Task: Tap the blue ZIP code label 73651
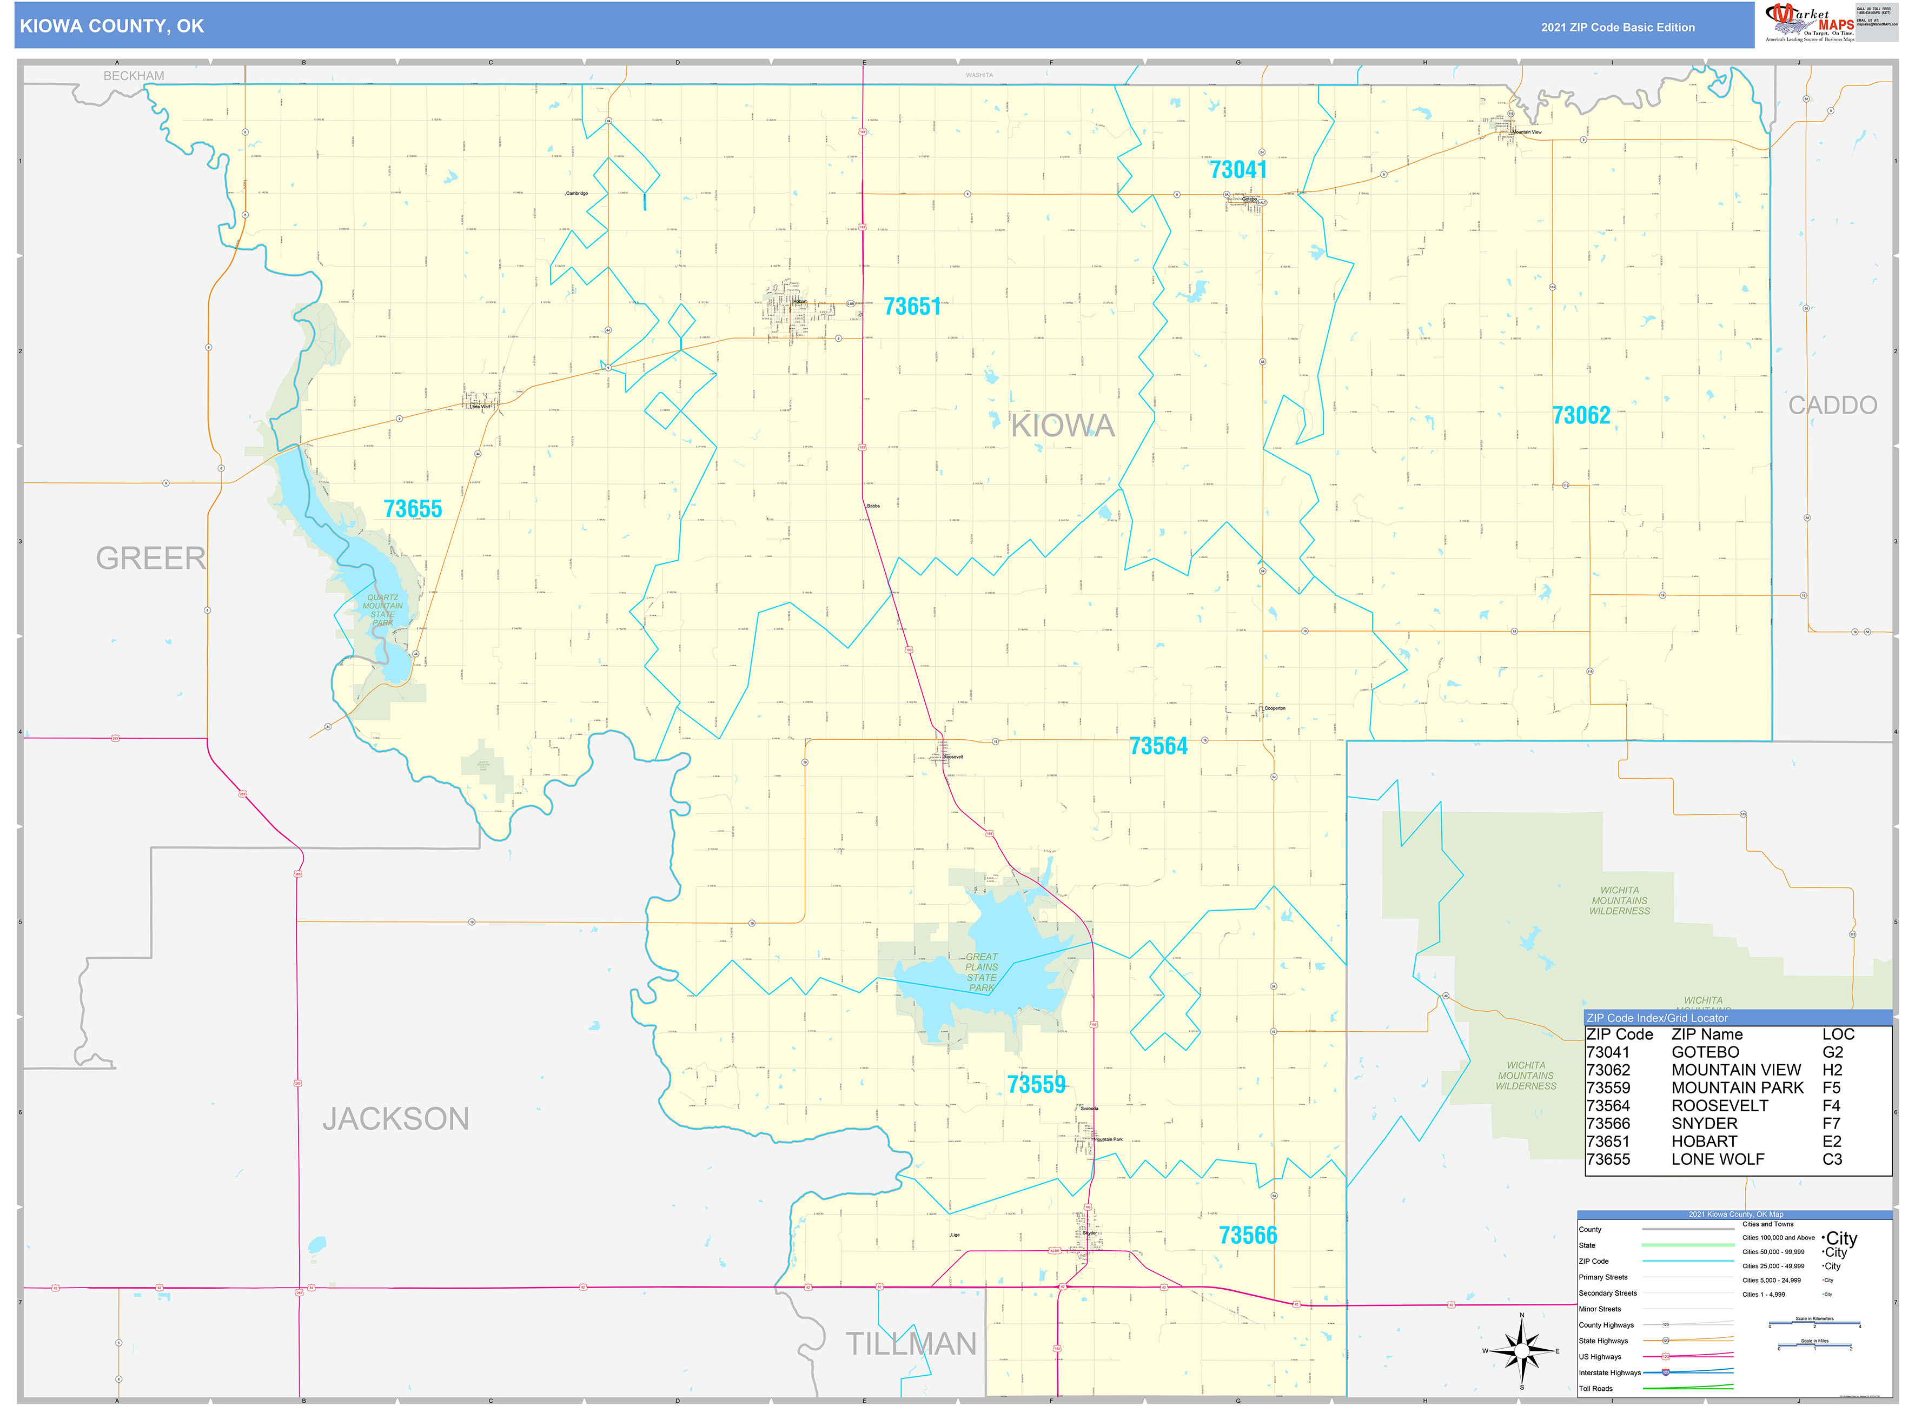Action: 912,307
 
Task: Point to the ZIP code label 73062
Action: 1581,415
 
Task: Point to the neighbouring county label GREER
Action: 151,558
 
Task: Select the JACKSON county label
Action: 396,1118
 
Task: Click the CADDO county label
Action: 1832,405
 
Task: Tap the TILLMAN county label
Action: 911,1344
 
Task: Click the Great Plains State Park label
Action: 982,972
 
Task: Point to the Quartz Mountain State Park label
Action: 382,609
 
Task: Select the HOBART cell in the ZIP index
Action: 1704,1142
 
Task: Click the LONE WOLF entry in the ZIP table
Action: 1718,1159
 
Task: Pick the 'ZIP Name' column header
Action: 1706,1034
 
